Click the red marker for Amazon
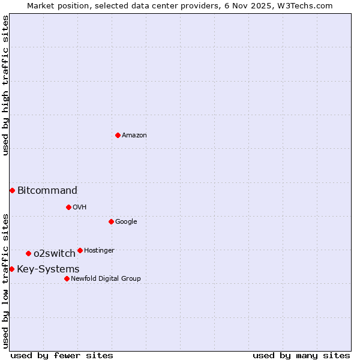point(118,135)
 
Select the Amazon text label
point(134,136)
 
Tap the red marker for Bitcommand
point(12,190)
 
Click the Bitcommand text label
point(47,191)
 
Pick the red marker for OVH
point(68,207)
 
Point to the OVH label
point(80,208)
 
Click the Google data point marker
point(111,221)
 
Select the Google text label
point(126,222)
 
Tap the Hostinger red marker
point(80,250)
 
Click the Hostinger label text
point(99,251)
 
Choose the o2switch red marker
point(28,253)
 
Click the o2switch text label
point(55,254)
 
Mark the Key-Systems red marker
point(11,269)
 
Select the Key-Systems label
point(48,269)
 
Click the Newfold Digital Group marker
point(67,278)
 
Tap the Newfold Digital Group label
point(106,279)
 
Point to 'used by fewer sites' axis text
point(62,355)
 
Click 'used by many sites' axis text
point(301,355)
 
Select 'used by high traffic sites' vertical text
point(5,86)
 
